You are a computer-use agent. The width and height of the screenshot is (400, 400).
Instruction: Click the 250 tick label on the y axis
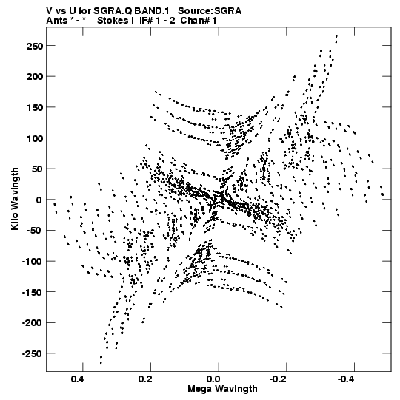[x=35, y=46]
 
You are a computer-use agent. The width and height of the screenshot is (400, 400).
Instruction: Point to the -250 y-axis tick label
[x=32, y=354]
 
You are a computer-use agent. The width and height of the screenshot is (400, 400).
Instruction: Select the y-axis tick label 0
[x=39, y=200]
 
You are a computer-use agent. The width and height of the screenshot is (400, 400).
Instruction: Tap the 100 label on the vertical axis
[x=35, y=138]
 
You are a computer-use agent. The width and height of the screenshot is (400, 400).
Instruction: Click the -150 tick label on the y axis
[x=32, y=292]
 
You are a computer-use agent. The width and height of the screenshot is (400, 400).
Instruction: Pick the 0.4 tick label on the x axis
[x=78, y=379]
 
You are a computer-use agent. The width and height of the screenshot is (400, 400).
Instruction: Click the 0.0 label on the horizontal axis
[x=213, y=379]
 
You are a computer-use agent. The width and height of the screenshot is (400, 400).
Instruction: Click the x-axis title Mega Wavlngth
[x=222, y=389]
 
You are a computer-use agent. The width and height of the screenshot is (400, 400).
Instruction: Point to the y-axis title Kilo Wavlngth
[x=15, y=199]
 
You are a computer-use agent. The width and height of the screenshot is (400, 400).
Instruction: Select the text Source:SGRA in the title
[x=210, y=11]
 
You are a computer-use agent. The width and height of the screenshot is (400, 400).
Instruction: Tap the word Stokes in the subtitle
[x=113, y=21]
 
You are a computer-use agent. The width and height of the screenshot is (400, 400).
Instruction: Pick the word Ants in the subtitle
[x=56, y=21]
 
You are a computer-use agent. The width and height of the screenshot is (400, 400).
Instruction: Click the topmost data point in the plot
[x=336, y=36]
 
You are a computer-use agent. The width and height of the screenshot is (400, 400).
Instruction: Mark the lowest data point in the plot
[x=101, y=363]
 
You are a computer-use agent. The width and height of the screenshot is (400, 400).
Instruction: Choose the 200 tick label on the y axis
[x=35, y=77]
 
